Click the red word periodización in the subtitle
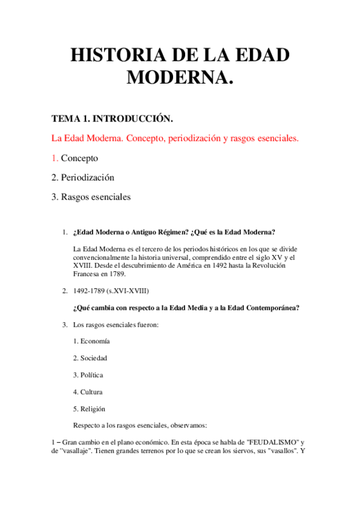pos(188,138)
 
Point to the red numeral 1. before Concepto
pos(55,158)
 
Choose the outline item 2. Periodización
pos(83,177)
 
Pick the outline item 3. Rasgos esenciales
pos(91,197)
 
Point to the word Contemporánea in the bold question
pos(267,308)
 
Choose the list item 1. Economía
pos(91,341)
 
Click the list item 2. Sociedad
pos(90,358)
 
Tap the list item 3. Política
pos(88,375)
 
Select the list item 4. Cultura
pos(88,392)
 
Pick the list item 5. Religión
pos(90,408)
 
